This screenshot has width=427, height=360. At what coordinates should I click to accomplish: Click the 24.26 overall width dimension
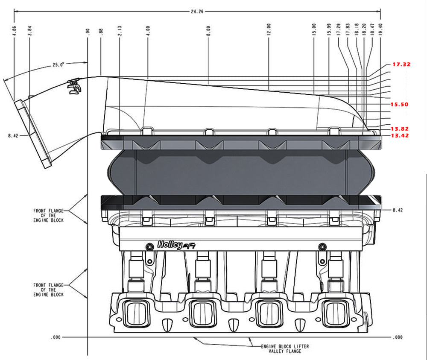click(197, 12)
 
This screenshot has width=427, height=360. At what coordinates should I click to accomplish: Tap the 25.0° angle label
click(58, 64)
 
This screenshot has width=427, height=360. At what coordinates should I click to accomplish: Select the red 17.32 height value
click(401, 64)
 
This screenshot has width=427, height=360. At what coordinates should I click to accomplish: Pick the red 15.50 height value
click(400, 104)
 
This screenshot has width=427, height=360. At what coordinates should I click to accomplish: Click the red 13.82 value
click(400, 129)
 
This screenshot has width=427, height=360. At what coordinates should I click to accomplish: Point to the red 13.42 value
click(400, 135)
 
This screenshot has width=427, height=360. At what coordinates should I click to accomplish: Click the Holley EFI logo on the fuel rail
click(174, 245)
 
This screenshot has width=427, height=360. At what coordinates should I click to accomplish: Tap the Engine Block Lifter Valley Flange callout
click(285, 348)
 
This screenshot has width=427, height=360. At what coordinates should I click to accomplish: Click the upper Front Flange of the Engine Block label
click(48, 215)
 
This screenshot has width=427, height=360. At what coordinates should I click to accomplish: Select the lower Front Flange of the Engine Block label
click(48, 290)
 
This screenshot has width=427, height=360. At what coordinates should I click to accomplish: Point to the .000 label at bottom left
click(56, 337)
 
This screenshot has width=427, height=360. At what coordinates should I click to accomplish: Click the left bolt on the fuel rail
click(149, 246)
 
